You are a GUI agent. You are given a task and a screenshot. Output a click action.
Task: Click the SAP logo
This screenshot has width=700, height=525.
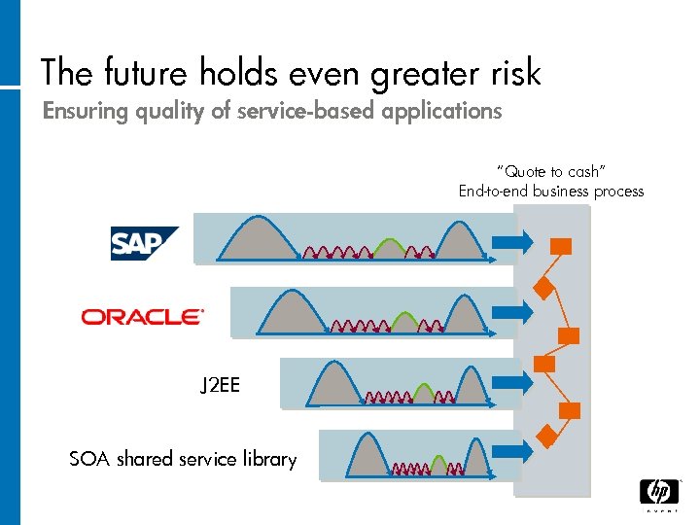[144, 243]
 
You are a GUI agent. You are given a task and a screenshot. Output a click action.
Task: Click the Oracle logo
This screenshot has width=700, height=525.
[143, 316]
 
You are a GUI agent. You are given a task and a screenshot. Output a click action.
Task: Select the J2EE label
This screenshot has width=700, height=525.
[220, 386]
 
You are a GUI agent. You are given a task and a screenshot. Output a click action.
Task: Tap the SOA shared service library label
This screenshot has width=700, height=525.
[183, 459]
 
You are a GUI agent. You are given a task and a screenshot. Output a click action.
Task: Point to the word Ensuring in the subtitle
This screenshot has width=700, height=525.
[85, 112]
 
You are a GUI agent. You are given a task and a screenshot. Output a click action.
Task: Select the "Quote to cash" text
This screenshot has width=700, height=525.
[551, 171]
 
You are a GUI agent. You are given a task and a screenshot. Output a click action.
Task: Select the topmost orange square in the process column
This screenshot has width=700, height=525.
[561, 245]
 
